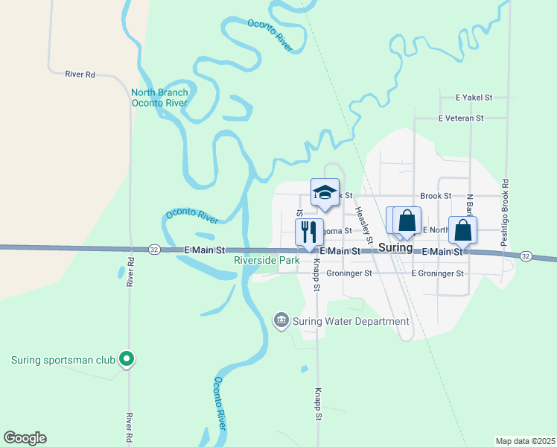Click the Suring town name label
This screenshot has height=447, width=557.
[395, 247]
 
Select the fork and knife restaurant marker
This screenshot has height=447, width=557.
[310, 232]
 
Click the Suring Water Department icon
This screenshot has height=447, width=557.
[281, 320]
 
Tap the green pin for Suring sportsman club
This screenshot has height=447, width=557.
[127, 360]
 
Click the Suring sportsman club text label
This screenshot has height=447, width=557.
[63, 361]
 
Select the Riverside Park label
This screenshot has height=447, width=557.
[266, 261]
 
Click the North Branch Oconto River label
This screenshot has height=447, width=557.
[159, 98]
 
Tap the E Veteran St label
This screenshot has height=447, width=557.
[461, 118]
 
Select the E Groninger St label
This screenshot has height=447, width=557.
[439, 273]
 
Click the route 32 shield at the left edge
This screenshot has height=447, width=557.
[153, 248]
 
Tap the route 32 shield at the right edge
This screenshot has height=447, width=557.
[525, 256]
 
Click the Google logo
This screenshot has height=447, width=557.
[25, 438]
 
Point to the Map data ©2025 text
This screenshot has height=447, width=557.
[525, 440]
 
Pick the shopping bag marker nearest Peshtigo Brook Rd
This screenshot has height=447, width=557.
[462, 231]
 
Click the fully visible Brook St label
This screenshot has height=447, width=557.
[436, 196]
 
